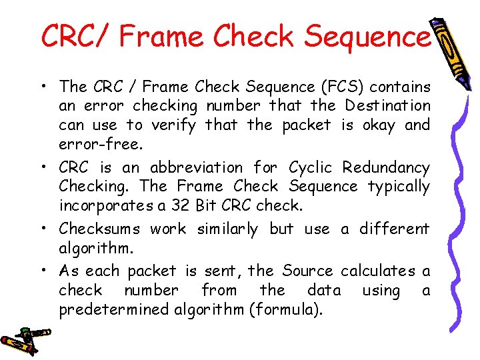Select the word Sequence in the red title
(x=367, y=36)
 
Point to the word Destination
(x=387, y=105)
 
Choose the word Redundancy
(x=386, y=167)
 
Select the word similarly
(x=227, y=229)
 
